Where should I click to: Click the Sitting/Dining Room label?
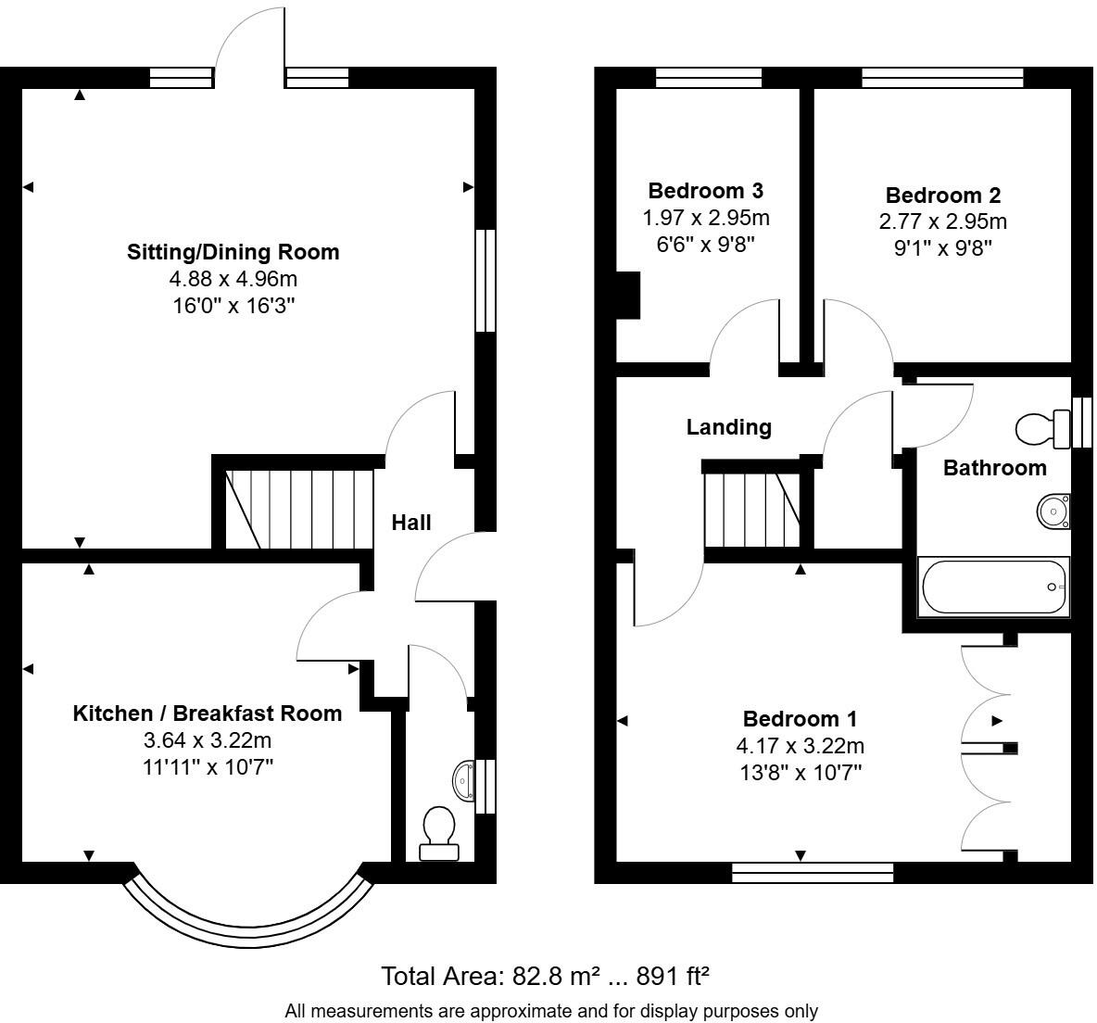point(233,252)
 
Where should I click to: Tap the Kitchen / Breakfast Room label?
point(207,714)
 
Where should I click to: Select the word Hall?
point(411,523)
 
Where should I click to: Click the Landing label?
point(728,427)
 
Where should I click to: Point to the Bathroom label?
point(994,468)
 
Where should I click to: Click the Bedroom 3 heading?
point(705,192)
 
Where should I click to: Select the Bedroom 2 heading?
point(942,196)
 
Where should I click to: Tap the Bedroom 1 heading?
point(800,719)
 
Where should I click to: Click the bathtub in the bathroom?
point(992,587)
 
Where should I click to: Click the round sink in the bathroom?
point(1053,511)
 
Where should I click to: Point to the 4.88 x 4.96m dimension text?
point(233,279)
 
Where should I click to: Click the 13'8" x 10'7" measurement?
point(800,772)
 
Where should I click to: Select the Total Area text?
point(546,976)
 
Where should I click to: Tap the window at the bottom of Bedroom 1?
point(813,872)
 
